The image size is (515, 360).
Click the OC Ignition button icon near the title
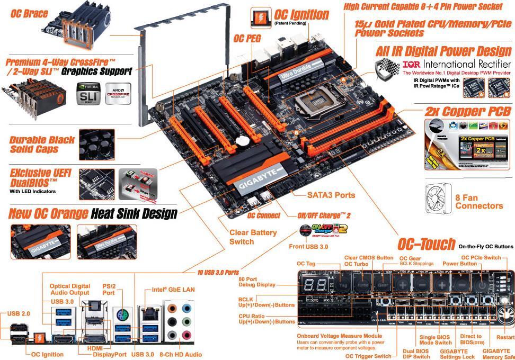(261, 18)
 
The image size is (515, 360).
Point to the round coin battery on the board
(243, 141)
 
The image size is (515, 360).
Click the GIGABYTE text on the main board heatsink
(255, 184)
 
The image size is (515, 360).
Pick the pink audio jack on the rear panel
(187, 335)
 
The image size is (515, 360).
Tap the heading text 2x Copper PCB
(468, 112)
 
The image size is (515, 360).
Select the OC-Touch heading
(426, 244)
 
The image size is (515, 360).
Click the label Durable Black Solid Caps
(42, 145)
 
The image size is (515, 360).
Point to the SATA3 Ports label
(331, 195)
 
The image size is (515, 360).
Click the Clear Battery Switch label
(253, 237)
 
